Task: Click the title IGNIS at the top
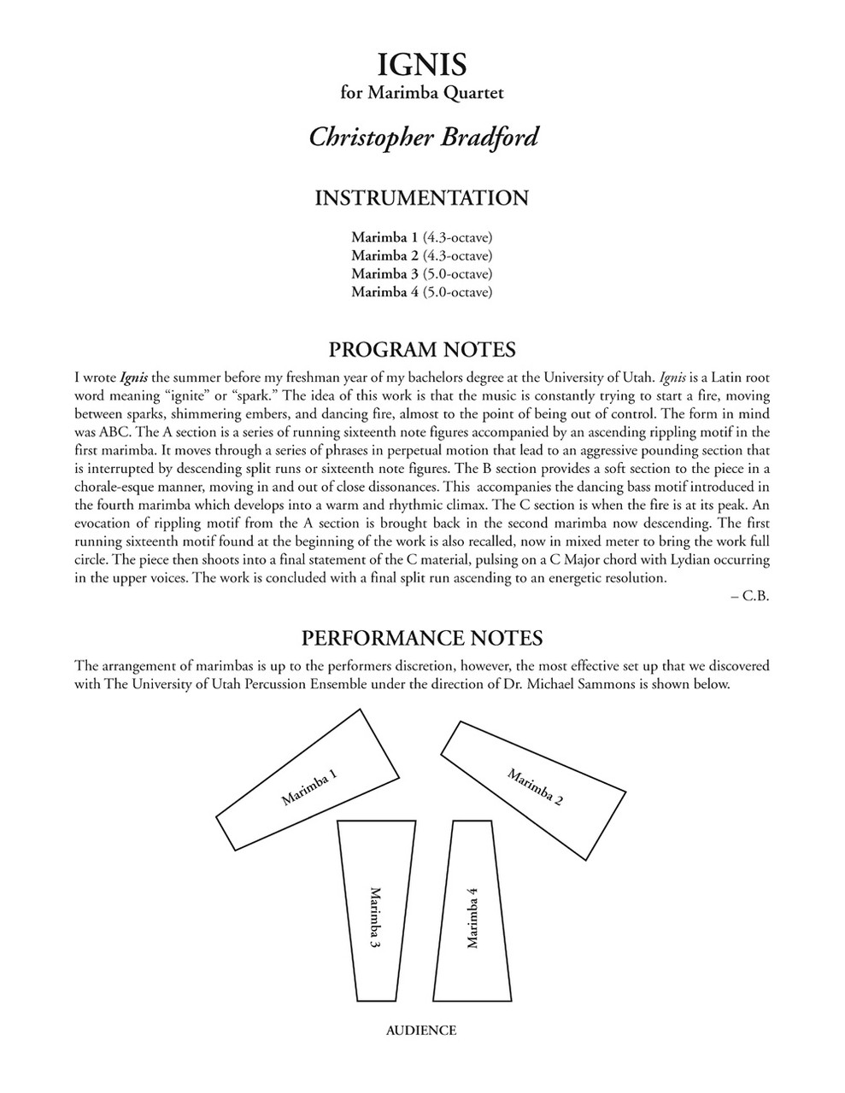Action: click(422, 65)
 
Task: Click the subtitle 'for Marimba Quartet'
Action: click(422, 93)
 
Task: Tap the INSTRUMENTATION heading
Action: click(422, 198)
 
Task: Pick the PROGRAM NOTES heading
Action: click(422, 349)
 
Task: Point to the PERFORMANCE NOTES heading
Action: click(422, 638)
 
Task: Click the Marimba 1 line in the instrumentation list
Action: click(422, 237)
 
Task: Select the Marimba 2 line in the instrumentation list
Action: click(422, 255)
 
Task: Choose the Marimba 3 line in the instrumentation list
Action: click(422, 274)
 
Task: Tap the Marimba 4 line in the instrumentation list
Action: click(422, 293)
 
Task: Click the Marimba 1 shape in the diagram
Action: click(308, 786)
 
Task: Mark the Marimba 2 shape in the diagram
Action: click(534, 786)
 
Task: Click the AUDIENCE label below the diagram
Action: click(421, 1030)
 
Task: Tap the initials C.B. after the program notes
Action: click(757, 596)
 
